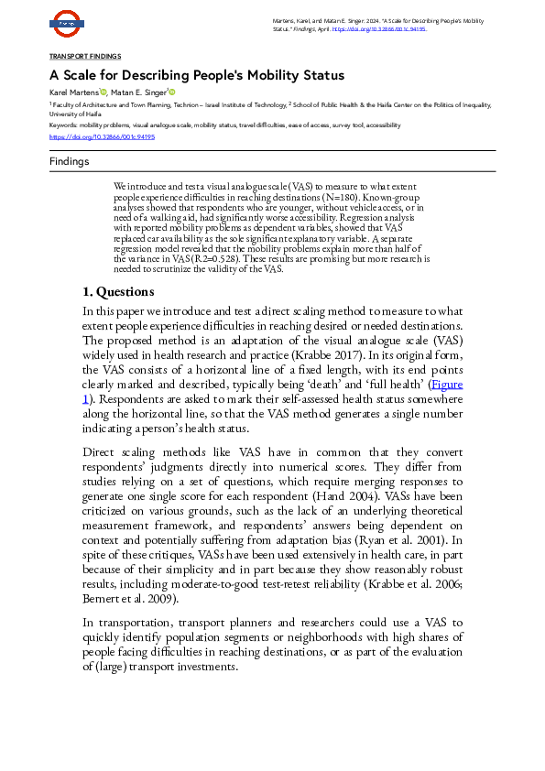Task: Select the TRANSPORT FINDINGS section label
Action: point(84,57)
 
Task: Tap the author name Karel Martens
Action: point(73,93)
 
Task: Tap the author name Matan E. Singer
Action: point(138,93)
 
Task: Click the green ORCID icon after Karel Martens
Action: point(104,93)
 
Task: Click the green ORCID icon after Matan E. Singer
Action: point(171,93)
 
